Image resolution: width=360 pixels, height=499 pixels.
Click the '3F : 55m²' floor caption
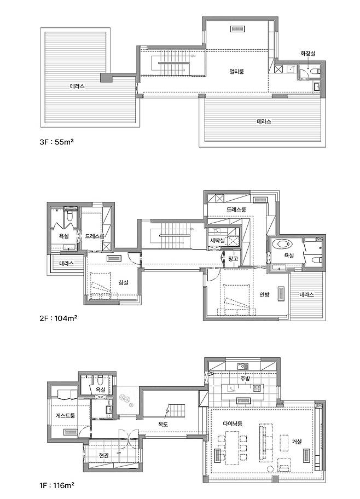(57, 142)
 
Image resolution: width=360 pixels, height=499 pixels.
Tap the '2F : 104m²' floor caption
(59, 318)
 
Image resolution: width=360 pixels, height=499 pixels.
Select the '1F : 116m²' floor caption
(57, 485)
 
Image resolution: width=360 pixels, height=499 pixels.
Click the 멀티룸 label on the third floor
(236, 71)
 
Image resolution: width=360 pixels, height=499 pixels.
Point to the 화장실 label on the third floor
(308, 54)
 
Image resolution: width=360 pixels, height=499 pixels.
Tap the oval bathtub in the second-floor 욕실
(283, 245)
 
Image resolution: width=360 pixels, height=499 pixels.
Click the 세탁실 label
(217, 240)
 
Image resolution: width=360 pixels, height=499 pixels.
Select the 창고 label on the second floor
(233, 258)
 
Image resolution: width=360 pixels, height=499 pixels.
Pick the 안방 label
(264, 294)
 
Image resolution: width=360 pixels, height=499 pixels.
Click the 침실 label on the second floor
(123, 282)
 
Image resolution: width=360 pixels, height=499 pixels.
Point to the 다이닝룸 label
(233, 423)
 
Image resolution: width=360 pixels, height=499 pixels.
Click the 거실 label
(297, 442)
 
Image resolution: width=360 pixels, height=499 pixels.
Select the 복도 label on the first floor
(163, 424)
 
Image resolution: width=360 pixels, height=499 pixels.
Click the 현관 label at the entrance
(104, 455)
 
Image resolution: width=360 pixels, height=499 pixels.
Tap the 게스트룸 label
(65, 415)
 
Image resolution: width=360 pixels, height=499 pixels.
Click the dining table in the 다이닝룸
(232, 448)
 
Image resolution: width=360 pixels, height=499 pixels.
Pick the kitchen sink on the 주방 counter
(242, 366)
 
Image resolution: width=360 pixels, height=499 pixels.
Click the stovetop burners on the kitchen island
(257, 388)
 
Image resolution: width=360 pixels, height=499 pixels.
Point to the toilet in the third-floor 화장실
(316, 71)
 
